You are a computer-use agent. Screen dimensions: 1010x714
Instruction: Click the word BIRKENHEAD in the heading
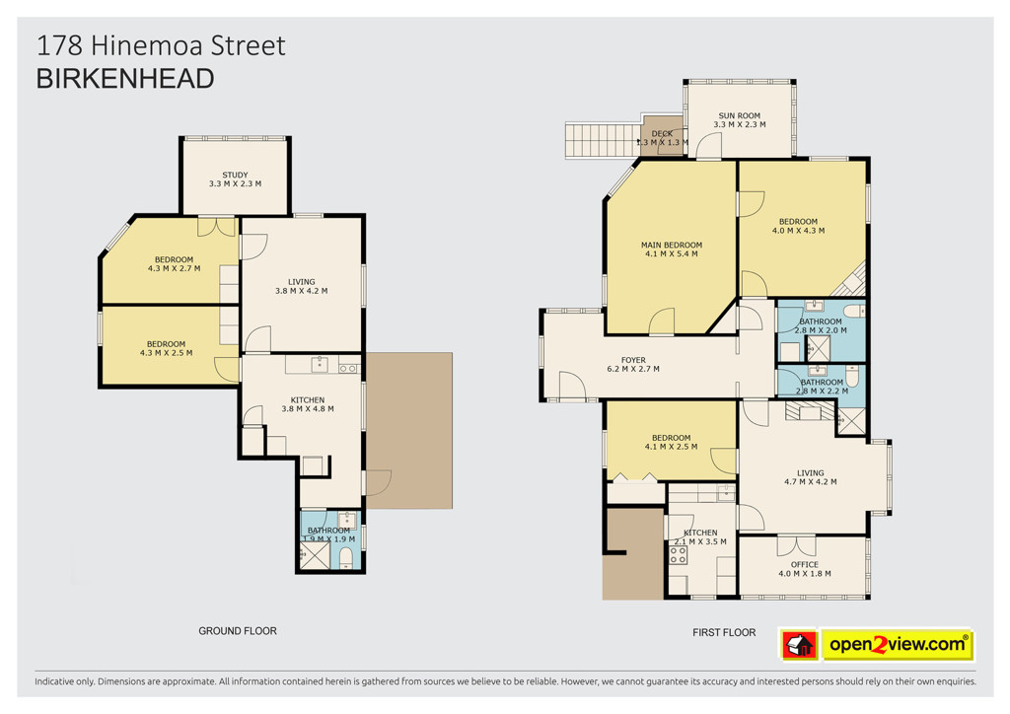(125, 79)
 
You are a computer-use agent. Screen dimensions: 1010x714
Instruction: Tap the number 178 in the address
(59, 45)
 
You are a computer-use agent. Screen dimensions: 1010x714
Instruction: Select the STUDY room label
(235, 178)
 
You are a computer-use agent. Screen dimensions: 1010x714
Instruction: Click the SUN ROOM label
(740, 119)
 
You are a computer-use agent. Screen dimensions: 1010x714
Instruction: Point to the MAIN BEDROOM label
(671, 250)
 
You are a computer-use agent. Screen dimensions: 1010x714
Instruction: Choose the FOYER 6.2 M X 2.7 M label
(633, 365)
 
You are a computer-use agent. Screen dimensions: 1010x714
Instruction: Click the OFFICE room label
(805, 569)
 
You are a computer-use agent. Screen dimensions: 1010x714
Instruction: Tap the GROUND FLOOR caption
(238, 631)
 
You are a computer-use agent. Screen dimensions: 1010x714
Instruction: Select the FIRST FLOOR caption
(724, 632)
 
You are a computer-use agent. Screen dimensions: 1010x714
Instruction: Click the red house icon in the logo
(799, 644)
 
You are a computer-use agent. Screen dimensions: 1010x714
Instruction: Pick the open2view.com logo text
(898, 644)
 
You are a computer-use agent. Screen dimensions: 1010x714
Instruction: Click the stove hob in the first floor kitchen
(678, 555)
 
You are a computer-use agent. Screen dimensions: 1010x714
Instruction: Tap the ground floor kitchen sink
(321, 365)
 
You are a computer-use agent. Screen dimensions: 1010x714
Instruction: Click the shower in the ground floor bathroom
(315, 555)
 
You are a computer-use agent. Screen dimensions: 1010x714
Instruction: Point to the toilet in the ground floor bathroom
(346, 557)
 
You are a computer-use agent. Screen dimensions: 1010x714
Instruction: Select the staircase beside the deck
(604, 140)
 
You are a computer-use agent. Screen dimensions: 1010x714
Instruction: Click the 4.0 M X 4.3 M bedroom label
(798, 226)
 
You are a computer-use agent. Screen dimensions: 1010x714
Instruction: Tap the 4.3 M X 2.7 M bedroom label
(174, 264)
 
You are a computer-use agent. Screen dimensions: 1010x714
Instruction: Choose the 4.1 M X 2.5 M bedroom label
(671, 442)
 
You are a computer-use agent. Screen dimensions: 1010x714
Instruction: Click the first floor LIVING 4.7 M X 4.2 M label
(811, 477)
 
